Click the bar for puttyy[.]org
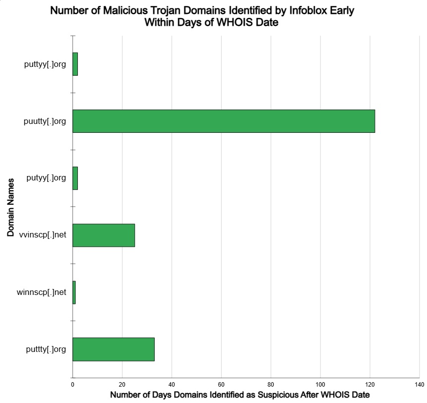[75, 64]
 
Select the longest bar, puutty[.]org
[223, 121]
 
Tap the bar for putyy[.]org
[75, 178]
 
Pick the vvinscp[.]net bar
[104, 235]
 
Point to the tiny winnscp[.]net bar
[74, 292]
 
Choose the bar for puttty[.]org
[114, 349]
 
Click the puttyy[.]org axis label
[45, 64]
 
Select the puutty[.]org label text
[45, 121]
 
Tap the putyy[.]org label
[46, 178]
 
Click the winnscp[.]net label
[42, 292]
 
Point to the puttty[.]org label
[46, 349]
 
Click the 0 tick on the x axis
[72, 385]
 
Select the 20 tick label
[122, 385]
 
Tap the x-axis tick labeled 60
[221, 385]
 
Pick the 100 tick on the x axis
[320, 385]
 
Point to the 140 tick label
[419, 385]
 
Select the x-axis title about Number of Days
[240, 395]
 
